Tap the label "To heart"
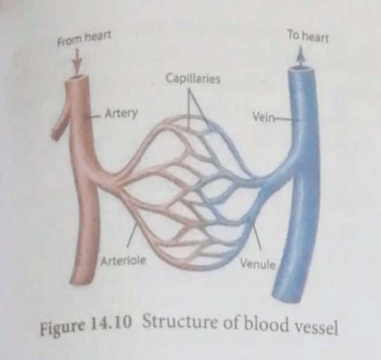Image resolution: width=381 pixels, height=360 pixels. click(x=308, y=37)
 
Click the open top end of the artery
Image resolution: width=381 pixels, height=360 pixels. click(x=78, y=78)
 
